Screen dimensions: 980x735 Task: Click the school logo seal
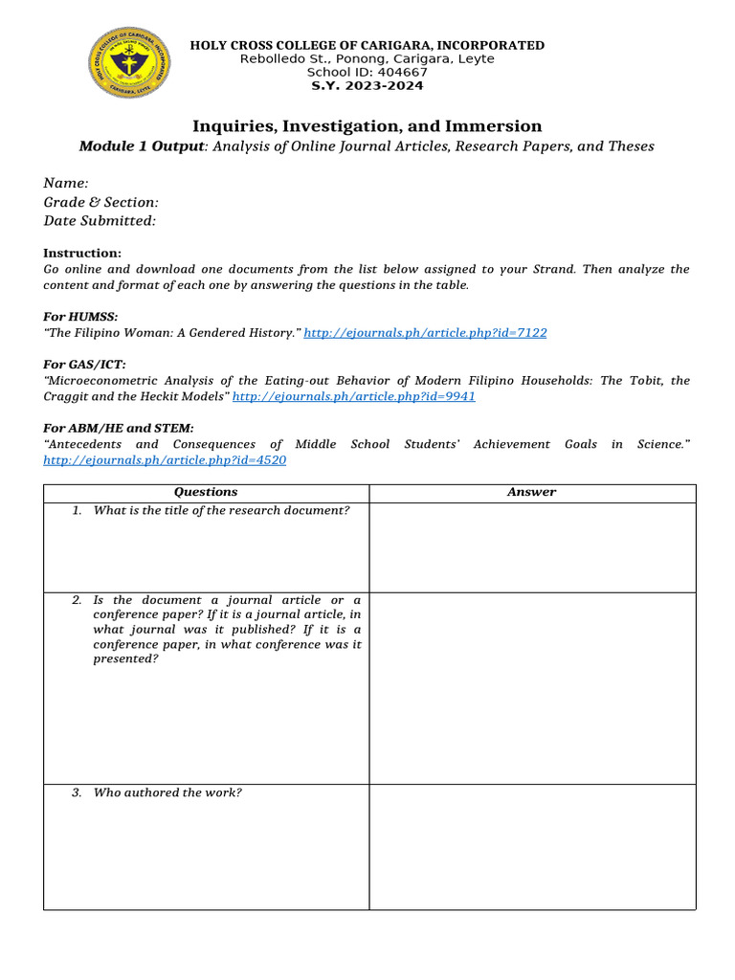[131, 63]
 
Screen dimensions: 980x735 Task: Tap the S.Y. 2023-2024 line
[367, 86]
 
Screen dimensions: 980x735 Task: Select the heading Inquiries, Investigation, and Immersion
[367, 126]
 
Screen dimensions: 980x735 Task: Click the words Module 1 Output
[142, 146]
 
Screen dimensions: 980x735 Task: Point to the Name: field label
[66, 183]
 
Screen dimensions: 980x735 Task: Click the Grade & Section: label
[101, 202]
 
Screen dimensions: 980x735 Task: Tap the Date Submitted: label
[100, 221]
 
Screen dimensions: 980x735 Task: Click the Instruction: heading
[82, 253]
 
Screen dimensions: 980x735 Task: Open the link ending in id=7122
[425, 332]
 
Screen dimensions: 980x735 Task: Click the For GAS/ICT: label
[84, 364]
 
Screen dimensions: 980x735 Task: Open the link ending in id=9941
[354, 396]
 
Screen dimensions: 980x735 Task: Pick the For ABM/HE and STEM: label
[119, 428]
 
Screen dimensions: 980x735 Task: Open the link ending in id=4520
[165, 460]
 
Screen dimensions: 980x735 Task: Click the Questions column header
[206, 492]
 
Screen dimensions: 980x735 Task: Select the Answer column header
[531, 492]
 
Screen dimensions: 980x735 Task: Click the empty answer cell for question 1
[532, 546]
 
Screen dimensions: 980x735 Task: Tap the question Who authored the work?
[167, 792]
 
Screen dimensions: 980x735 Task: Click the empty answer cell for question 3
[532, 846]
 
